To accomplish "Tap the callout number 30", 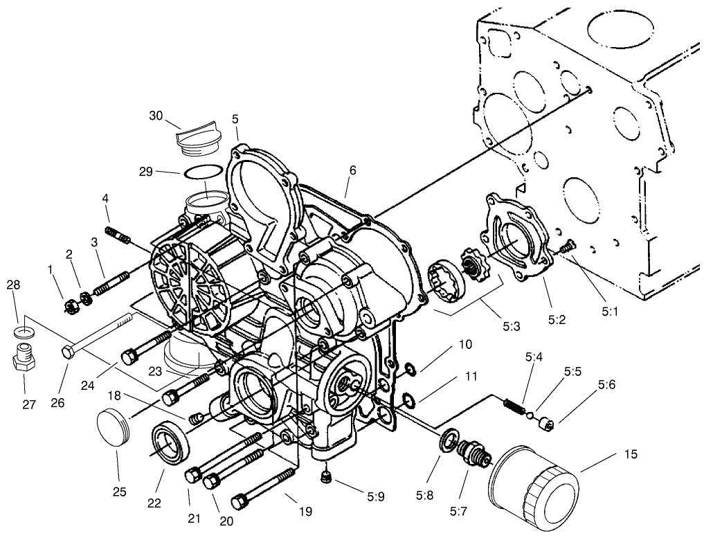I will point(156,116).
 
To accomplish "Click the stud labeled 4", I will point(118,233).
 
